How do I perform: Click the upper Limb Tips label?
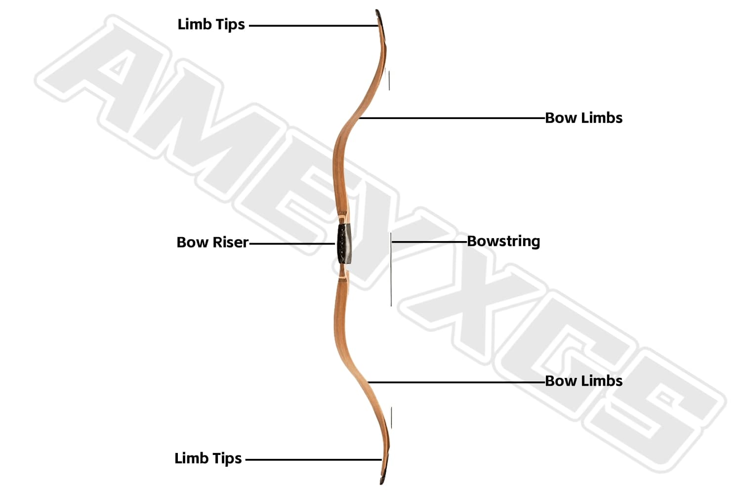211,25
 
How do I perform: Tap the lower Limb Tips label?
208,458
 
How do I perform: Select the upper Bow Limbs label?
583,118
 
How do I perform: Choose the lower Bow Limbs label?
583,381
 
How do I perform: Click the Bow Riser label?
212,243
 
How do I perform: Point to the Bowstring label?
503,242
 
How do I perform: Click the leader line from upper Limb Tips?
311,26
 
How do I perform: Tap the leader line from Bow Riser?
291,244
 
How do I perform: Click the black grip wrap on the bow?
344,243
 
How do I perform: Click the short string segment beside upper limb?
389,81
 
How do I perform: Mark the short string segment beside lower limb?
391,418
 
